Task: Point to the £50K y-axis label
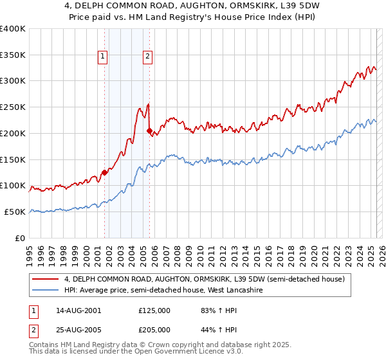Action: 14,212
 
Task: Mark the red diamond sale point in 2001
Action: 104,172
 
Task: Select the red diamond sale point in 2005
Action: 150,131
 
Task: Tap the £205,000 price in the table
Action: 154,330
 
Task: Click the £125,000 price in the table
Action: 154,310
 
